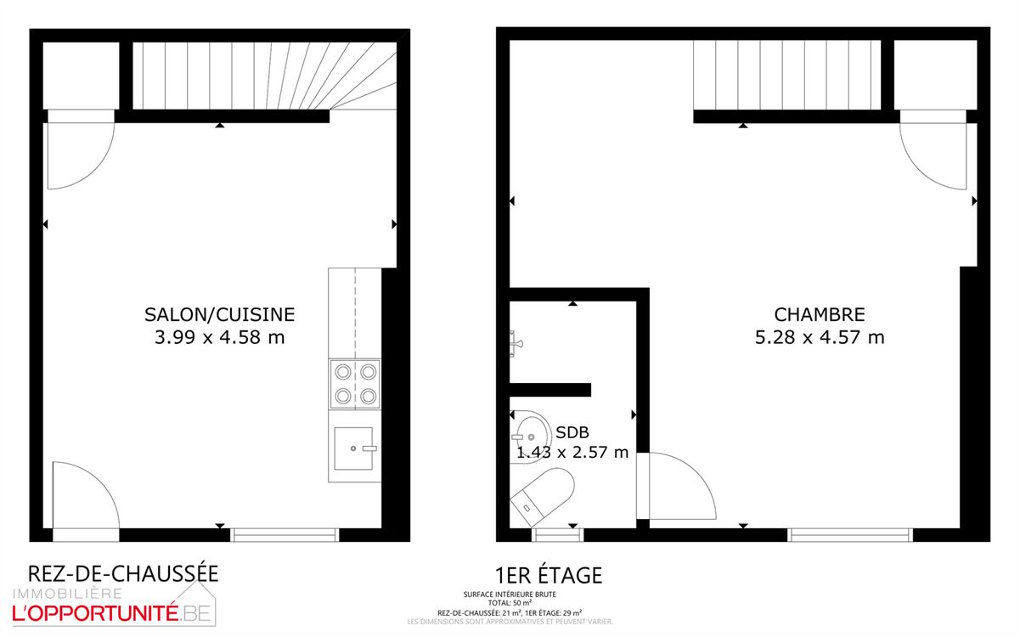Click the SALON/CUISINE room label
219,315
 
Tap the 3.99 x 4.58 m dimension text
219,337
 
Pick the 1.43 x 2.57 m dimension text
572,452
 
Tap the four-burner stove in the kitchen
355,383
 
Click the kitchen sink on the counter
354,448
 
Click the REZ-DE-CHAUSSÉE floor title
123,573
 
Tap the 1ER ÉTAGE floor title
548,575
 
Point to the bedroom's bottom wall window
849,535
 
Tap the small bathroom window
557,535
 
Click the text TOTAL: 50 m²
510,603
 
